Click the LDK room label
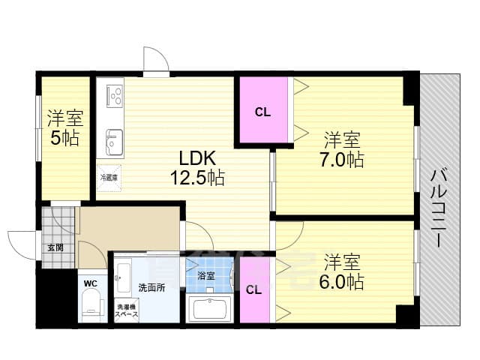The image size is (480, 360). [x=196, y=159]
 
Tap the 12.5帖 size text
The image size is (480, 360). [x=196, y=178]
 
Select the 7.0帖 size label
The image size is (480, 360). [x=344, y=159]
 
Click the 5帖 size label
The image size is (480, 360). [x=64, y=138]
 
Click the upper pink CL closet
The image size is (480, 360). [x=262, y=112]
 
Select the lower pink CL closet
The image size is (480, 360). [x=253, y=290]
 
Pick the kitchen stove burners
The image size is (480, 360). [x=115, y=96]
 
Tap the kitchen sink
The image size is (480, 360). [x=115, y=140]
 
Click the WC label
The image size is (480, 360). [x=90, y=283]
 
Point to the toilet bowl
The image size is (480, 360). [x=90, y=306]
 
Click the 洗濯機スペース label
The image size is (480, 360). [x=126, y=311]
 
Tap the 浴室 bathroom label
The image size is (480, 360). [x=205, y=276]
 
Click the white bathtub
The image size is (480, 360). [x=211, y=308]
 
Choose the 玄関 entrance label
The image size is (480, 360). [x=55, y=247]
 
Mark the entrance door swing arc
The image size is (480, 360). [x=21, y=241]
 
